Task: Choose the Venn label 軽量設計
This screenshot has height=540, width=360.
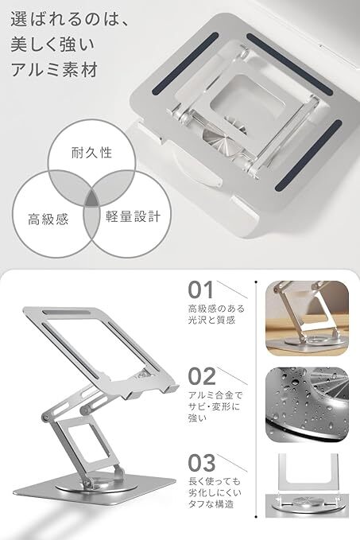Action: (134, 216)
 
